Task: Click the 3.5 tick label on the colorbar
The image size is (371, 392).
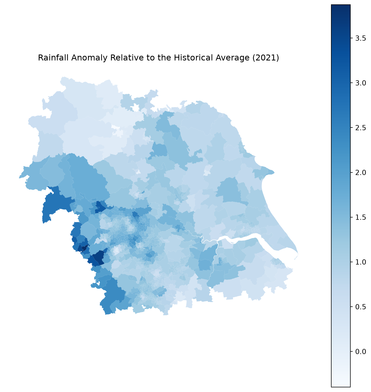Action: click(360, 38)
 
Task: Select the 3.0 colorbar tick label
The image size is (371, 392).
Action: click(360, 83)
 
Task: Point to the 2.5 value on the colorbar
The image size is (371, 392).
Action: click(360, 128)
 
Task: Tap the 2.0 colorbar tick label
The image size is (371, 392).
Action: click(360, 172)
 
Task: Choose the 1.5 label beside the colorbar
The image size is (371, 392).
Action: click(360, 217)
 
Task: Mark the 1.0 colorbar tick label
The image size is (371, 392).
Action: click(360, 262)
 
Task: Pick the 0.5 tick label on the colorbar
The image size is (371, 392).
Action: click(360, 307)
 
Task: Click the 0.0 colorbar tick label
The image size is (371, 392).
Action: click(360, 351)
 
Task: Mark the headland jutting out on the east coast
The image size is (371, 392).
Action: click(268, 171)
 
